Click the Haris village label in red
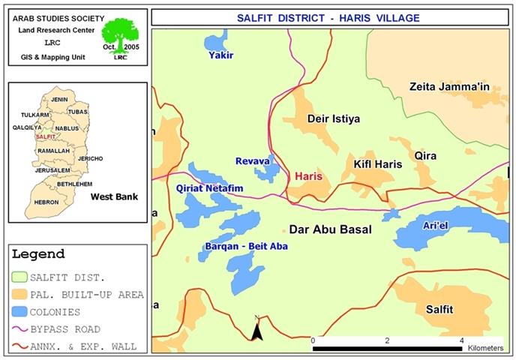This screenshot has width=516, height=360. [x=309, y=175]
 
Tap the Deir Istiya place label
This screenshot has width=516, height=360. [x=334, y=118]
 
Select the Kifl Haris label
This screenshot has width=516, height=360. [x=368, y=163]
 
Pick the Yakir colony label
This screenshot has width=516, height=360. [x=221, y=55]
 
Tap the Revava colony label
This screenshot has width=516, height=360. [x=252, y=160]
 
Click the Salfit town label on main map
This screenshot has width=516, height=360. [x=439, y=309]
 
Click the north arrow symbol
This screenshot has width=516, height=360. [x=256, y=328]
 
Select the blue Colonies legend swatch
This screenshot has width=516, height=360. [x=26, y=311]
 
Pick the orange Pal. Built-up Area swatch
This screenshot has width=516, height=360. [x=26, y=294]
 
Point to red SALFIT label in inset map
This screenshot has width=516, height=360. [x=45, y=137]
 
